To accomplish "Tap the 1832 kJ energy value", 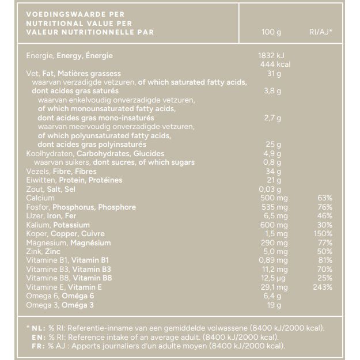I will point(268,56).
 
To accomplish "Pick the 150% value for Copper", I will point(323,234).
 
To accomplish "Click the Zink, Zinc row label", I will point(44,252).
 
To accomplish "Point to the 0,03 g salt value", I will point(271,190).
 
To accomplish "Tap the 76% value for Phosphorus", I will point(324,207).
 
